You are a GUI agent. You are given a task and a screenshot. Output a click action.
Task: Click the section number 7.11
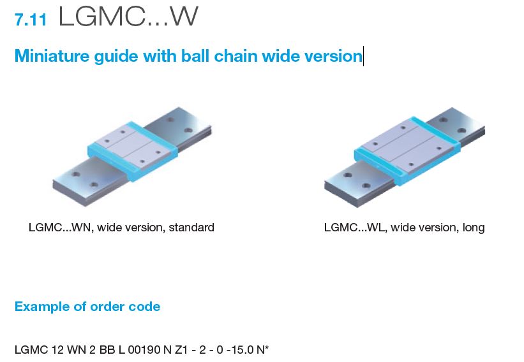[x=31, y=20]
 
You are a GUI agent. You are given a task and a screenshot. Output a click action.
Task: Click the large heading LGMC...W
[x=128, y=17]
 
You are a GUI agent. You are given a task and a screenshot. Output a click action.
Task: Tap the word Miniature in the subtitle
[x=52, y=55]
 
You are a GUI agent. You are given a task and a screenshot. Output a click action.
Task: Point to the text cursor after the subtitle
[x=363, y=56]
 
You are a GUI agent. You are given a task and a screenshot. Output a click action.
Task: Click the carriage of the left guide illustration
[x=133, y=150]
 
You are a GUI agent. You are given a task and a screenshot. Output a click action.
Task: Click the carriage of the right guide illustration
[x=407, y=150]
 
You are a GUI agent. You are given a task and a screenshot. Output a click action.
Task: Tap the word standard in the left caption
[x=191, y=228]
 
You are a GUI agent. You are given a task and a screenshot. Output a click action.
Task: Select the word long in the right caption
[x=474, y=228]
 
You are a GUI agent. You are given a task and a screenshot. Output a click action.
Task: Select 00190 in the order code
[x=144, y=350]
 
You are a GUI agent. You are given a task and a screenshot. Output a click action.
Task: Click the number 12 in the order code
[x=57, y=350]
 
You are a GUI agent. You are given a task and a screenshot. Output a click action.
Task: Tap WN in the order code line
[x=76, y=350]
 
